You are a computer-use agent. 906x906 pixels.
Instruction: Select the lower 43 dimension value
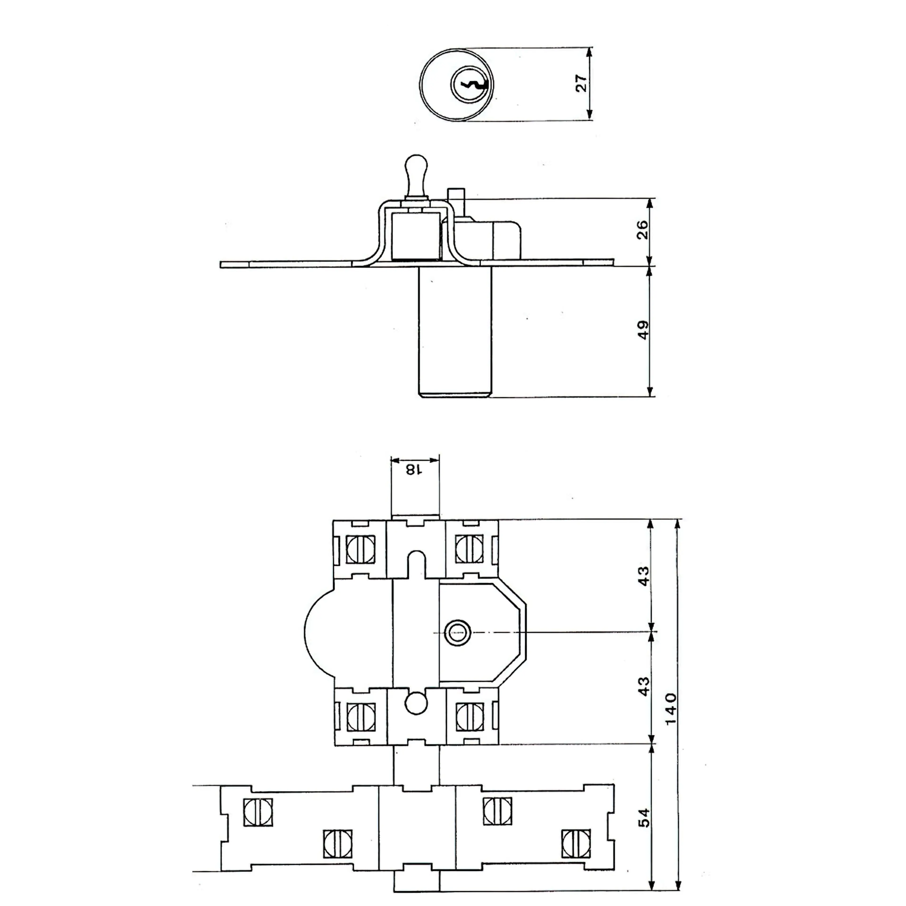click(644, 686)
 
